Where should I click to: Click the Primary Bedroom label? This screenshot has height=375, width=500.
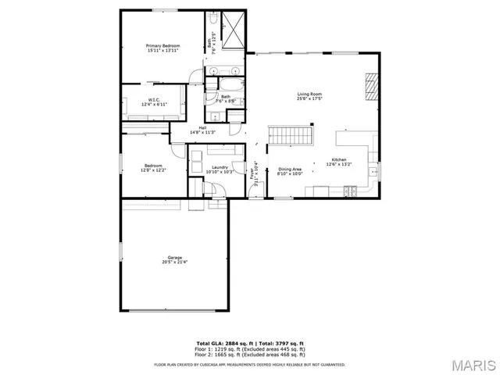163,46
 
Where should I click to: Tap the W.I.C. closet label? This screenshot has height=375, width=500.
154,99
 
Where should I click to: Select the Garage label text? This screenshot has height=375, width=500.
163,257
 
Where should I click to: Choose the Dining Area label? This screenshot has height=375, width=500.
291,169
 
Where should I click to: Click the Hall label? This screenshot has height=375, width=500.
202,127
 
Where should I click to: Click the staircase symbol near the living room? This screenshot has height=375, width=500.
290,135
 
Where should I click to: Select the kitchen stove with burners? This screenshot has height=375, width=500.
351,191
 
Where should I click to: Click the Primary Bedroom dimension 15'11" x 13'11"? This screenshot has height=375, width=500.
163,52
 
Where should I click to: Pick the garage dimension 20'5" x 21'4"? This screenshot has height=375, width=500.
163,262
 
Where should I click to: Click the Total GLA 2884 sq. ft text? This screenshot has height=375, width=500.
223,342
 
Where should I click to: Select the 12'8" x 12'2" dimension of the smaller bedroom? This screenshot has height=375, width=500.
152,170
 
